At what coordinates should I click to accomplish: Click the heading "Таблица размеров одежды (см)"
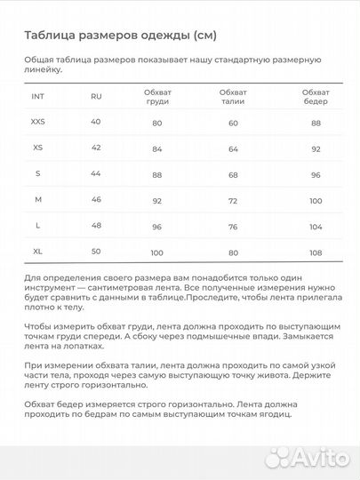coord(120,36)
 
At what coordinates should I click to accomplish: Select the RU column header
coord(96,96)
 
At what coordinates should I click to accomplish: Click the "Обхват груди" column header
coord(157,96)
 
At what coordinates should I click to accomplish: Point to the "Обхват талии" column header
coord(233,96)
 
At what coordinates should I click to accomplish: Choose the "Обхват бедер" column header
coord(315,96)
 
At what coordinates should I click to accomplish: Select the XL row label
coord(37,252)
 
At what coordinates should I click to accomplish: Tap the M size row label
coord(37,201)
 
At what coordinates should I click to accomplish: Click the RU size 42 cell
coord(96,148)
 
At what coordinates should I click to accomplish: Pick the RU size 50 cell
coord(96,253)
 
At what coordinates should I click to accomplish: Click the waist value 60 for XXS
coord(233,123)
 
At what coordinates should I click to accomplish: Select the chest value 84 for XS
coord(157,149)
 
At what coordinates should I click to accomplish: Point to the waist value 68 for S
coord(233,175)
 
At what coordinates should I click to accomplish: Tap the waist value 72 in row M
coord(233,202)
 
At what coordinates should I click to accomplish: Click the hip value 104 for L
coord(315,228)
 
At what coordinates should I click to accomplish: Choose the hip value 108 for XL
coord(315,254)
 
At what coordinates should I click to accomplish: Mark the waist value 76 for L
coord(233,228)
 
